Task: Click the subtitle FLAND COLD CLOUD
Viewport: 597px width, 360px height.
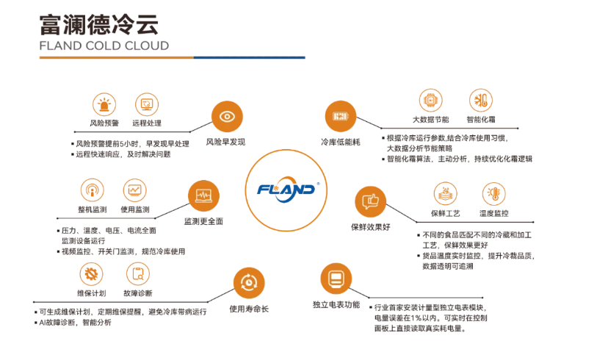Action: pos(104,46)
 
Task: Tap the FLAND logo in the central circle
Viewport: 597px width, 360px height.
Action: pos(286,189)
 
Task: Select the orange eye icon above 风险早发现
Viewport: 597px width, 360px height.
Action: pos(226,116)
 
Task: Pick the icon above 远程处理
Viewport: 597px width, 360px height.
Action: pos(147,104)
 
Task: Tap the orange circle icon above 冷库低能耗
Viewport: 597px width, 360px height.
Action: pos(340,116)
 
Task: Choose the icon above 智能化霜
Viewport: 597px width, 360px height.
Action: pos(481,101)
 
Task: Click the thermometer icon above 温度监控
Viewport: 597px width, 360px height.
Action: pos(493,194)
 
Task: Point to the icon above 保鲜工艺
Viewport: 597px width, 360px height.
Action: pos(445,194)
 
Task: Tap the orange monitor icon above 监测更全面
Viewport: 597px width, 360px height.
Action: pos(203,195)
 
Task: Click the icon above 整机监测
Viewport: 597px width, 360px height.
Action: pos(92,190)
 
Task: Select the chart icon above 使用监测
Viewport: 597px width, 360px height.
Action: pos(135,190)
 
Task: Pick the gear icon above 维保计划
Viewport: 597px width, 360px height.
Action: pos(93,274)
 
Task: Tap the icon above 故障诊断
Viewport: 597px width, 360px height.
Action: pos(137,274)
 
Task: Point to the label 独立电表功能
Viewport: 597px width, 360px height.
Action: pos(336,304)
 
